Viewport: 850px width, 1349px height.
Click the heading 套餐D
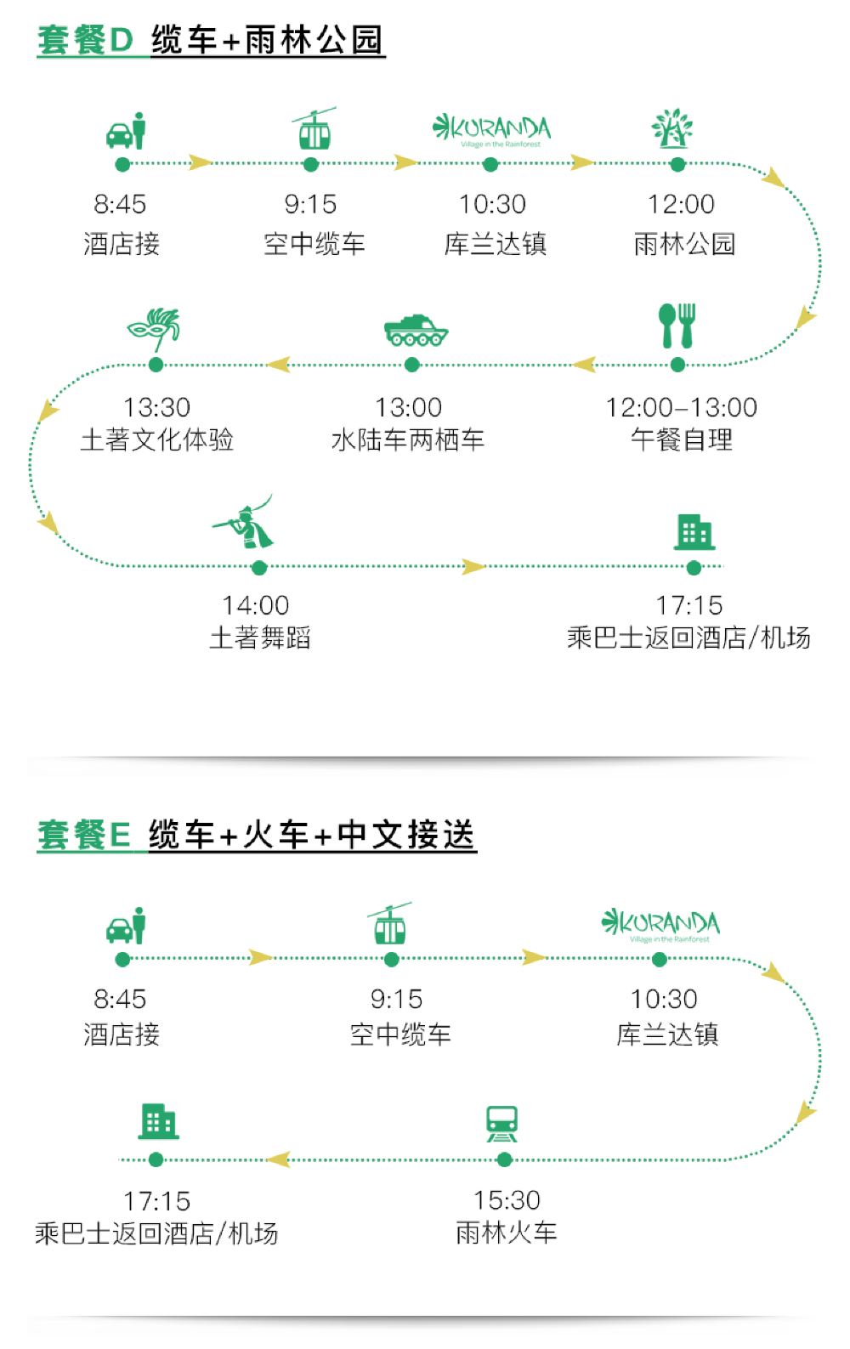[85, 41]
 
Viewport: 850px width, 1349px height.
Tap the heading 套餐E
[84, 835]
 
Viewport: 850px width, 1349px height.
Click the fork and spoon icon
[677, 326]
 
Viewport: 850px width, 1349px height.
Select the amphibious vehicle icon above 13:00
[416, 330]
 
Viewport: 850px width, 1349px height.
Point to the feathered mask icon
[155, 329]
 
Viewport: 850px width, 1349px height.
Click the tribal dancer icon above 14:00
[246, 524]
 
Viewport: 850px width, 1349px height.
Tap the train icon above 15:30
[502, 1124]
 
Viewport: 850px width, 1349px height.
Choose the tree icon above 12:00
[672, 128]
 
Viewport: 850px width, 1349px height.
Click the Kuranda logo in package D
[492, 129]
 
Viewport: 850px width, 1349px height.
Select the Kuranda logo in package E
[660, 924]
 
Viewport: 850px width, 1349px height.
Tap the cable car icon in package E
[390, 924]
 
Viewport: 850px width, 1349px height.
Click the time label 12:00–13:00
[681, 407]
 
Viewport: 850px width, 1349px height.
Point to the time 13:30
[156, 407]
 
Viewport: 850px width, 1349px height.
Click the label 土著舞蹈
[260, 638]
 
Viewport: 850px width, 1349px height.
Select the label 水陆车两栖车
[408, 439]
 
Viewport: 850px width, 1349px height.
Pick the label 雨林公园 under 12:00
[684, 244]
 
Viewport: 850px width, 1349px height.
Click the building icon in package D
[694, 532]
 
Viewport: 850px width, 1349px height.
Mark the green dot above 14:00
[260, 567]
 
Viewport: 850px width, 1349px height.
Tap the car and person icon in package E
[127, 926]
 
